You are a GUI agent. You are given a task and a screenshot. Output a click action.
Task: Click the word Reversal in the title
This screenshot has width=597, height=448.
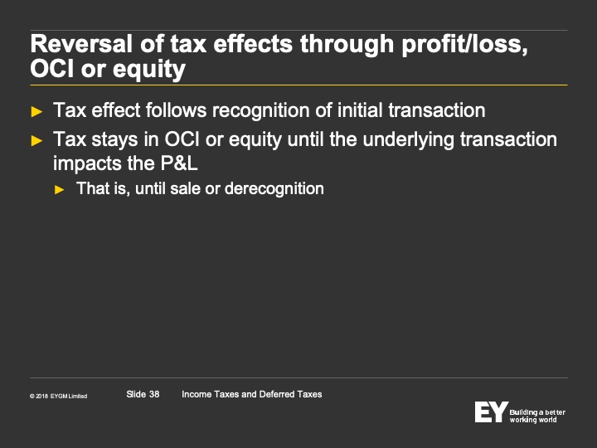tap(81, 44)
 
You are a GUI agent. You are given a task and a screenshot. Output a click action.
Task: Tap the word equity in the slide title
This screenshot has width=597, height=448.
tap(149, 70)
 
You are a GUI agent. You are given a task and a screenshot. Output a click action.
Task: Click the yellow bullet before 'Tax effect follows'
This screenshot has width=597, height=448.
tap(36, 112)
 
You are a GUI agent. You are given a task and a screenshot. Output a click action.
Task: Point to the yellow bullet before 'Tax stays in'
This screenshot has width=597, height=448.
tap(36, 140)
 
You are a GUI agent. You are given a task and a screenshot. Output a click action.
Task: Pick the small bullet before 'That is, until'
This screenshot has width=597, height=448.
tap(60, 189)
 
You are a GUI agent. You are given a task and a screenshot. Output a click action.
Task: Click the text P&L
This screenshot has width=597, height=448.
tap(179, 163)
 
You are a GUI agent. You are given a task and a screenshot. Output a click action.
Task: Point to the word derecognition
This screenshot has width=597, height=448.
tap(274, 189)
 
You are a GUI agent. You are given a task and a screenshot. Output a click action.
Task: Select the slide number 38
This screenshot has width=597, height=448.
tap(154, 394)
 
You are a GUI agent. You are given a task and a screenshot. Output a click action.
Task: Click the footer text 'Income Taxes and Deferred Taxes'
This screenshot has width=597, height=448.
tap(252, 394)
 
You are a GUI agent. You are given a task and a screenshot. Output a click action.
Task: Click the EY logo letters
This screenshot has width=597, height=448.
tap(491, 411)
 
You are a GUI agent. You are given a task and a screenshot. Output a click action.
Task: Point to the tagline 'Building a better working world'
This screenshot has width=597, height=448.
tap(537, 416)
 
